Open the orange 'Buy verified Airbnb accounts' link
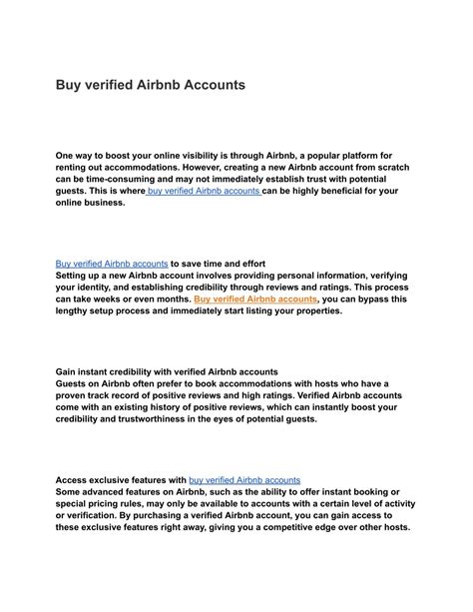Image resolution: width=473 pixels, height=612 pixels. pos(255,299)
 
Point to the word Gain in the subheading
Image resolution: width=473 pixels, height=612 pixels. pos(68,371)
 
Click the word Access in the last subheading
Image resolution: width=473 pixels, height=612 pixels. pos(73,480)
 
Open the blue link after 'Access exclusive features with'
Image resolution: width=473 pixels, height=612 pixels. pos(244,480)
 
